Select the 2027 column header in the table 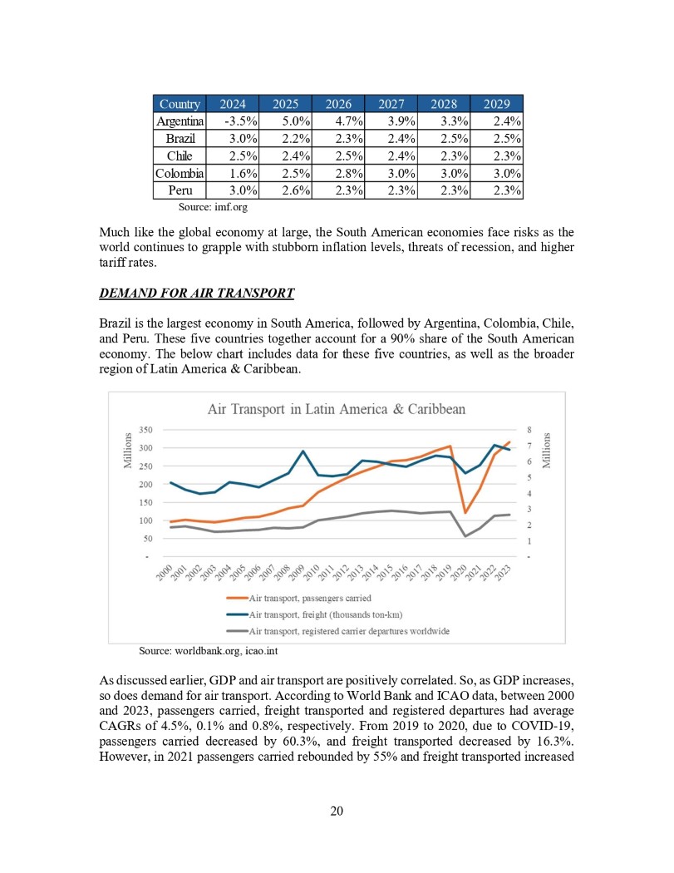(x=391, y=104)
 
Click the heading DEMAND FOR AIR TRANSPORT (x=196, y=293)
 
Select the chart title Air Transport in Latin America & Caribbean (x=336, y=409)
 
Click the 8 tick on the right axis (x=528, y=430)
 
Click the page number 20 (x=337, y=811)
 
